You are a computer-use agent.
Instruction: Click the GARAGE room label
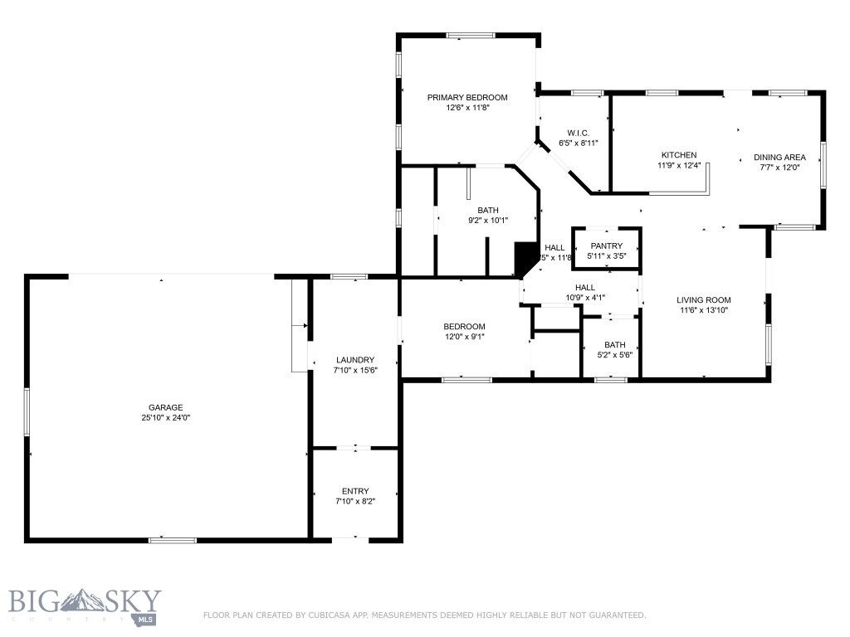(x=166, y=407)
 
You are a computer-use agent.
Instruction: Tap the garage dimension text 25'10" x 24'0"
(x=166, y=417)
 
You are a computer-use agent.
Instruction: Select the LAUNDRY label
(x=354, y=359)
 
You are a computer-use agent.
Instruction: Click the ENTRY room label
(x=355, y=491)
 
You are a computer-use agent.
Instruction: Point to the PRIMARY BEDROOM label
(x=467, y=97)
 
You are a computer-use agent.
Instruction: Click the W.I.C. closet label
(x=579, y=133)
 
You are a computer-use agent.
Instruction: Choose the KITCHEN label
(x=679, y=155)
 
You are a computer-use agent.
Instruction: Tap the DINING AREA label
(x=779, y=157)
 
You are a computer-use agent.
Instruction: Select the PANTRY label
(x=606, y=246)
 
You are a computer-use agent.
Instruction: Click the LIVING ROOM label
(x=703, y=300)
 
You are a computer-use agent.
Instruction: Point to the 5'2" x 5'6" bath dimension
(x=615, y=355)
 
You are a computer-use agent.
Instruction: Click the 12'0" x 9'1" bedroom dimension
(x=464, y=337)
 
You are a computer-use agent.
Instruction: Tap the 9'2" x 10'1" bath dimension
(x=488, y=220)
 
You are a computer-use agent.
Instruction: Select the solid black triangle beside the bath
(x=525, y=257)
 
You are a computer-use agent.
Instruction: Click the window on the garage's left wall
(x=27, y=411)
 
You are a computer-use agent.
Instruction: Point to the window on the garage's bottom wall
(x=173, y=540)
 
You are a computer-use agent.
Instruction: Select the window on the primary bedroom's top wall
(x=471, y=35)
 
